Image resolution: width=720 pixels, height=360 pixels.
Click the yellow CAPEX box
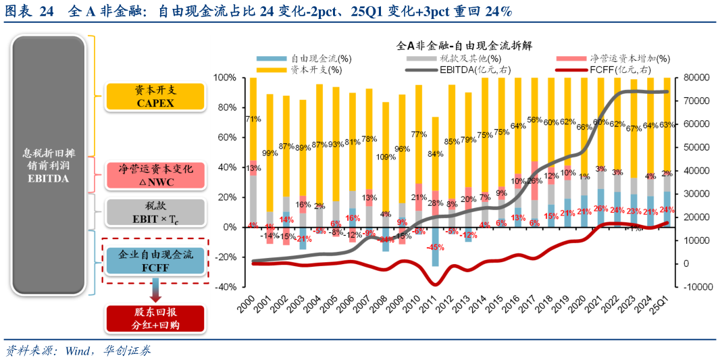(x=155, y=97)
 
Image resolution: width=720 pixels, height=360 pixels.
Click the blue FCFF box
(x=155, y=261)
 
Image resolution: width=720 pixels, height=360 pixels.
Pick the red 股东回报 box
(x=155, y=319)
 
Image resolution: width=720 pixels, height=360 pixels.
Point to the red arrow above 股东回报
(x=155, y=295)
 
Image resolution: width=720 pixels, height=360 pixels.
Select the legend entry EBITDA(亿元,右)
(x=467, y=70)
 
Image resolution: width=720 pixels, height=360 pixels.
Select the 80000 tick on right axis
(x=695, y=78)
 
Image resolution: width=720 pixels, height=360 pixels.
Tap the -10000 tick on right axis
(x=695, y=286)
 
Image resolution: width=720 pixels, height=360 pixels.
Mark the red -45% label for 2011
(x=436, y=247)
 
